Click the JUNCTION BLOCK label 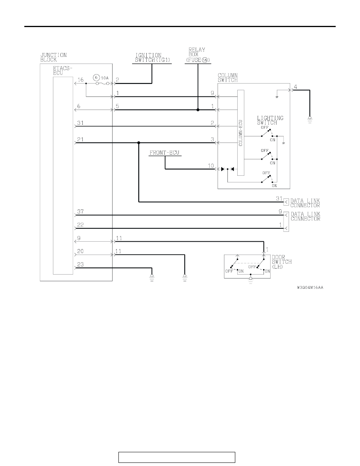[53, 57]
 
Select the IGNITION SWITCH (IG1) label [152, 57]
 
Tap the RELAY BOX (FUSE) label [198, 55]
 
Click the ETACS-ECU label [63, 71]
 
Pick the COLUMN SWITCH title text [228, 78]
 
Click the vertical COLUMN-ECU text [241, 133]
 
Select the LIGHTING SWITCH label [270, 120]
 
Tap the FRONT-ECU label [164, 153]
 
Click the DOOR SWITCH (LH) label [282, 262]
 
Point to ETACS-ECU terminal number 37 [80, 211]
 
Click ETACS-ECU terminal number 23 [80, 264]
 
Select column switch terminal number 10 [211, 166]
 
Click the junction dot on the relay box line [198, 110]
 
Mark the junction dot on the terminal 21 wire [139, 143]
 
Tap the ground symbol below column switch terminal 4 [310, 120]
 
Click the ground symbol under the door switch [251, 280]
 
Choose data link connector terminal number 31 [279, 198]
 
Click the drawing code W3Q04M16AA [310, 288]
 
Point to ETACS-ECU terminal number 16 [80, 80]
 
